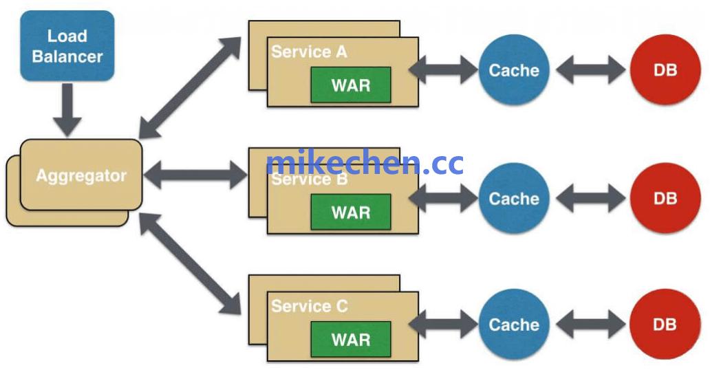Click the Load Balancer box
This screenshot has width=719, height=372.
click(x=66, y=45)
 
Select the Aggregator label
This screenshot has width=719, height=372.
click(x=81, y=175)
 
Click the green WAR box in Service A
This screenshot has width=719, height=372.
click(x=350, y=85)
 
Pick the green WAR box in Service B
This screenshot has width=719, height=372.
click(x=350, y=212)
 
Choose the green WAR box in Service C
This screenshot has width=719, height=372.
click(x=350, y=339)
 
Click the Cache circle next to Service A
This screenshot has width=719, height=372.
click(x=513, y=70)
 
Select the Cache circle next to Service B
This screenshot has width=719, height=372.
click(x=513, y=199)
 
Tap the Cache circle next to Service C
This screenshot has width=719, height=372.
click(x=513, y=325)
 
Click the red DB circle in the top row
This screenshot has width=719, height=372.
click(x=665, y=70)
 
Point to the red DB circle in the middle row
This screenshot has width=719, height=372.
click(x=665, y=199)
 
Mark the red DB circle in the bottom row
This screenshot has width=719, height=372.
click(x=665, y=325)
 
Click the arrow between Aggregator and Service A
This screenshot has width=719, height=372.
click(x=190, y=87)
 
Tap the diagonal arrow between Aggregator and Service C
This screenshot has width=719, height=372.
click(x=190, y=264)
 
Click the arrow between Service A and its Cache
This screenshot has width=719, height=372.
click(x=443, y=69)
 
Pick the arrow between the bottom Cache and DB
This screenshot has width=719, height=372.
click(x=590, y=325)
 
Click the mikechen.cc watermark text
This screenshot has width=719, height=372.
click(x=365, y=163)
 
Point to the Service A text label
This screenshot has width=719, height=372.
click(x=309, y=52)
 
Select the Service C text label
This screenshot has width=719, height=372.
click(x=310, y=306)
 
